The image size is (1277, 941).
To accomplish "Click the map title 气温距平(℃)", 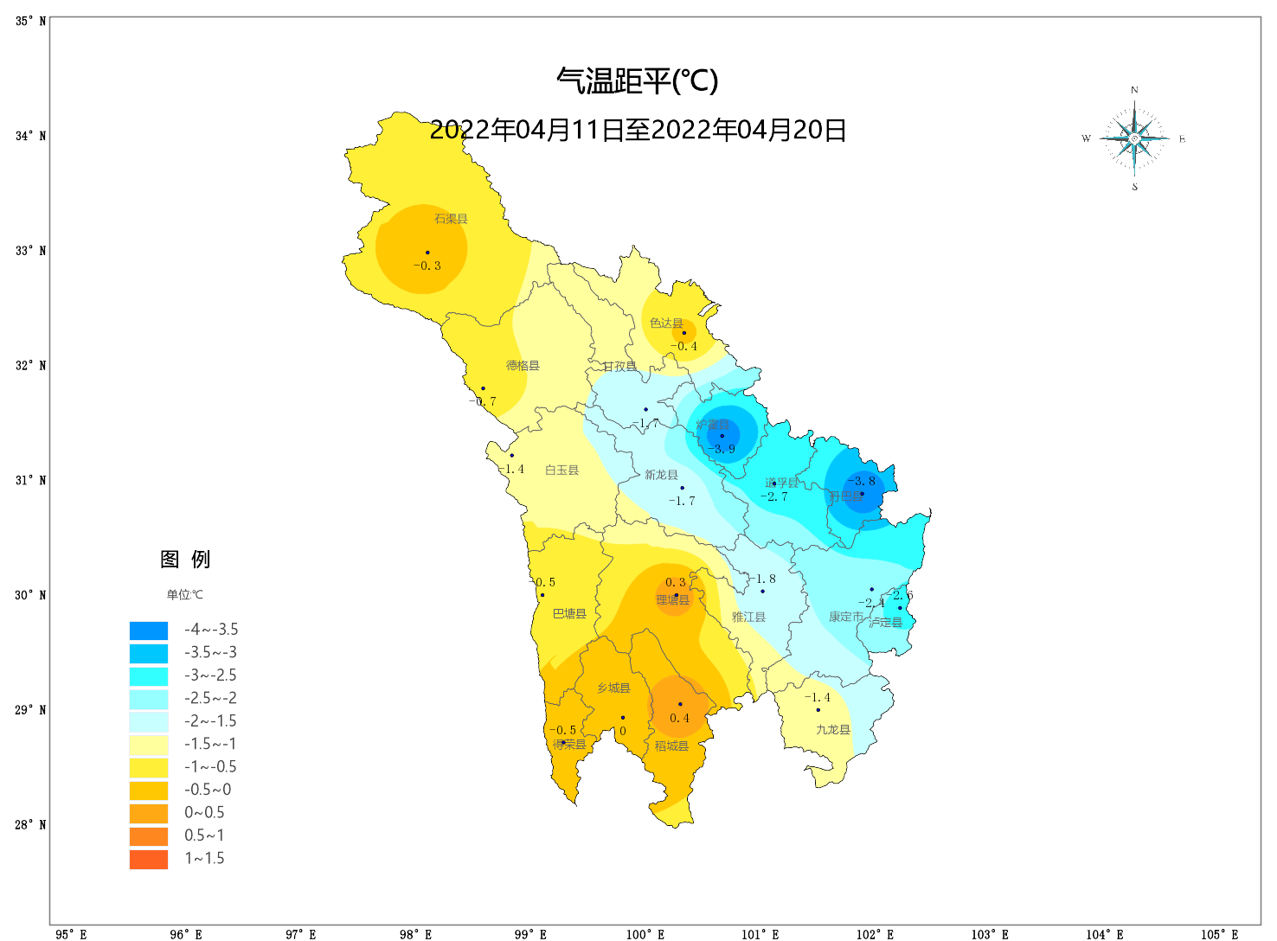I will click(638, 81).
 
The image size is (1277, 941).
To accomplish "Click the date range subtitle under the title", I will click(638, 131).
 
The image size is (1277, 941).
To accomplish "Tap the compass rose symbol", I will click(1134, 138).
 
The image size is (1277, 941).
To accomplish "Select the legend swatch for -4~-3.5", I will click(149, 631).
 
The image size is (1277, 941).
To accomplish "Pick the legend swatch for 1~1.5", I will click(149, 859).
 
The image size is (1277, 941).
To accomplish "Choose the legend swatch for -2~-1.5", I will click(149, 721).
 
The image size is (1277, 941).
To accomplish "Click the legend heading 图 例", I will click(185, 560).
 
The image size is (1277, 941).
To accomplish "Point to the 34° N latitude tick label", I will click(30, 136).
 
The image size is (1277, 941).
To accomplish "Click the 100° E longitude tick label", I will click(645, 934).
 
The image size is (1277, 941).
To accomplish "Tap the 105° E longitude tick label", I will click(1219, 934).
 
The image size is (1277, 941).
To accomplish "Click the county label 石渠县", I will click(451, 219).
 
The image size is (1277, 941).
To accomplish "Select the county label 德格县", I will click(523, 366).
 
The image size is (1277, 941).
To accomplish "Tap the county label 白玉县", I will click(561, 470).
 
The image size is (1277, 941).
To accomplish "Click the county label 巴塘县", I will click(569, 614).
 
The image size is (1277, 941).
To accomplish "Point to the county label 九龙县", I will click(833, 730).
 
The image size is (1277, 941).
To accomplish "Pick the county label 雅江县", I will click(748, 618).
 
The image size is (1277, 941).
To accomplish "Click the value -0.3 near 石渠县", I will click(427, 266).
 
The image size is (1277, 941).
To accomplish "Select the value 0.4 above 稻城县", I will click(680, 719).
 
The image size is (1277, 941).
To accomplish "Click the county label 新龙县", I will click(661, 475).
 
